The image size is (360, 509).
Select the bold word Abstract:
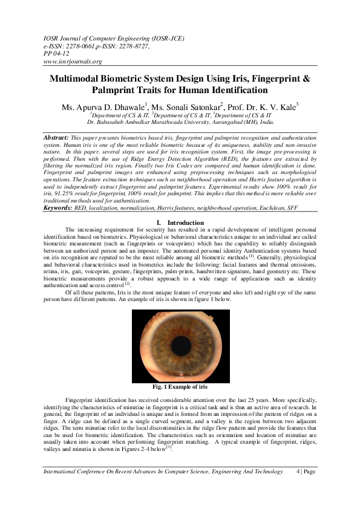click(x=55, y=138)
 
